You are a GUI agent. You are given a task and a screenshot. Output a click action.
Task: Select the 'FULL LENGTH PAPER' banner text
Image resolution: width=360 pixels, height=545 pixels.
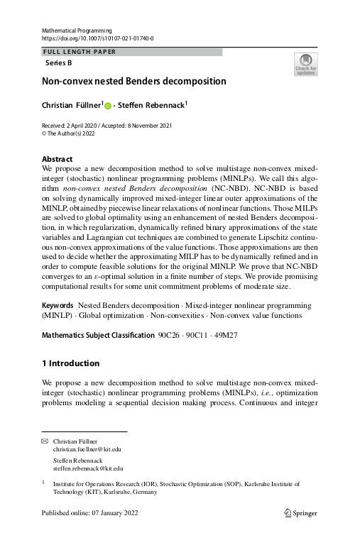tap(80, 52)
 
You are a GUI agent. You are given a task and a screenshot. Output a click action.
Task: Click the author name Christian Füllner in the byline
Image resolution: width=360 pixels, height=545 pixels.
tap(72, 105)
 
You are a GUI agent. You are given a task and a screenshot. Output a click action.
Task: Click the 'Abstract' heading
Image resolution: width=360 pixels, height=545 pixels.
tap(58, 159)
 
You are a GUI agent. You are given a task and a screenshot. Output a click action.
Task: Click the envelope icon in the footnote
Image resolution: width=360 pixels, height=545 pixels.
tap(45, 441)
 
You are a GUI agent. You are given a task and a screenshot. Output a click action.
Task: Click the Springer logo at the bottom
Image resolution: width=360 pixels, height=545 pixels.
tap(301, 512)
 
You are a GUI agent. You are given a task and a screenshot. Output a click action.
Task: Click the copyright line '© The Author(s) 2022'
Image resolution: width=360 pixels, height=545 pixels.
tap(73, 132)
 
